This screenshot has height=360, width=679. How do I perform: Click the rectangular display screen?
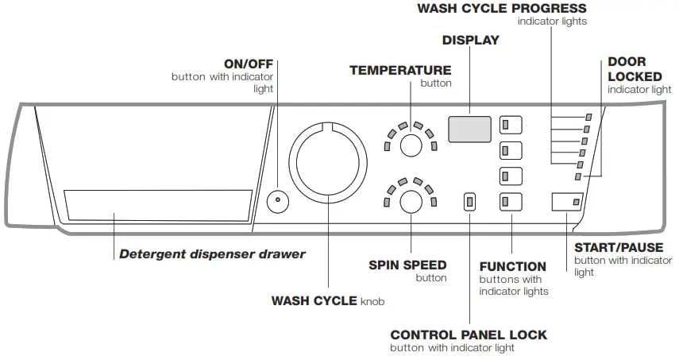[x=469, y=129]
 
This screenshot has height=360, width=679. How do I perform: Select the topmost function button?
[x=511, y=125]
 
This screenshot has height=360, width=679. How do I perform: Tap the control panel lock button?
[x=469, y=202]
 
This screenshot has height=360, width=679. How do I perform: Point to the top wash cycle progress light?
[x=588, y=117]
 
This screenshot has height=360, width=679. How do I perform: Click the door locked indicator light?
[x=577, y=176]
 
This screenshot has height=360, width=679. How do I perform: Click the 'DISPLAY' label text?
[x=470, y=41]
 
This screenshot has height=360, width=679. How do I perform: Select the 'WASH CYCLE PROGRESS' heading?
[x=513, y=9]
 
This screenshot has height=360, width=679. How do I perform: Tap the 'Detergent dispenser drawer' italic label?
[x=212, y=255]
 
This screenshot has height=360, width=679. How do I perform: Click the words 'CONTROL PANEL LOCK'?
[x=469, y=335]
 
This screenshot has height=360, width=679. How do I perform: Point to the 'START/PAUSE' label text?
[x=618, y=247]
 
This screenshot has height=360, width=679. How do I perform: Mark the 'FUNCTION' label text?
[x=512, y=266]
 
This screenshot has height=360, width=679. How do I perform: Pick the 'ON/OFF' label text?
[x=248, y=63]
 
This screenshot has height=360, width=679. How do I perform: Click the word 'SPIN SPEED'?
[x=407, y=265]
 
